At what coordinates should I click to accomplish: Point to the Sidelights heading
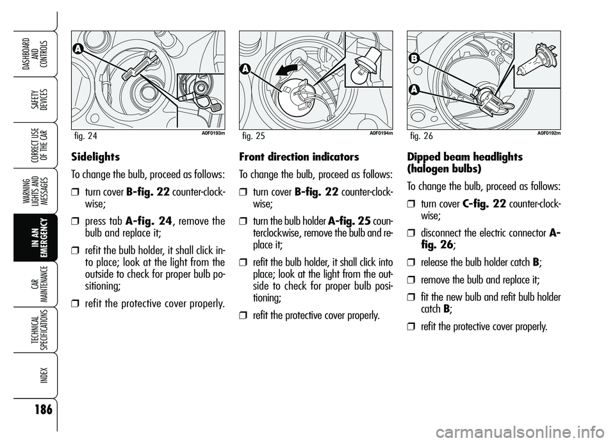point(95,156)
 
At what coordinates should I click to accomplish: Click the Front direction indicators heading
point(299,156)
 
